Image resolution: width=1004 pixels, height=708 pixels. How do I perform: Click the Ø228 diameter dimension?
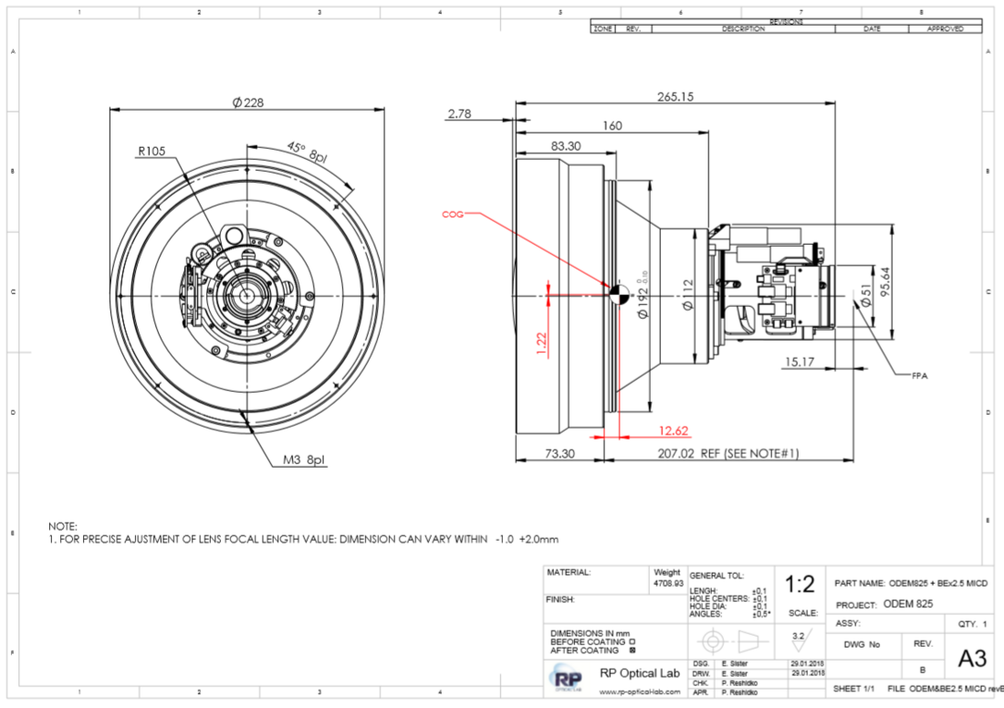247,102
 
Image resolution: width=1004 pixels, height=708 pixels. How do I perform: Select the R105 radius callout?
152,152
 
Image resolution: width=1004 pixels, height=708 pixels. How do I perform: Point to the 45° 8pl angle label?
308,153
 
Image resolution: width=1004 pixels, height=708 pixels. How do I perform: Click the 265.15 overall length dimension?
675,96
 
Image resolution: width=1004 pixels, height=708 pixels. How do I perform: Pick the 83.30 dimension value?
566,146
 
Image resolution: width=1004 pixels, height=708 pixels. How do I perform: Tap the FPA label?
923,375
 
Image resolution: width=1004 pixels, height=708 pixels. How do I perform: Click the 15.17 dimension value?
799,363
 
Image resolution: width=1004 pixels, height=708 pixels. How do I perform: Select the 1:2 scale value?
800,584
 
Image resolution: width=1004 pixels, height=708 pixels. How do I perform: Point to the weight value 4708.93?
667,583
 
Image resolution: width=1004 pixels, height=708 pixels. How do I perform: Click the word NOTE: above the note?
63,526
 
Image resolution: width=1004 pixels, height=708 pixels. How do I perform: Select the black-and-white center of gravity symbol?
619,292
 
